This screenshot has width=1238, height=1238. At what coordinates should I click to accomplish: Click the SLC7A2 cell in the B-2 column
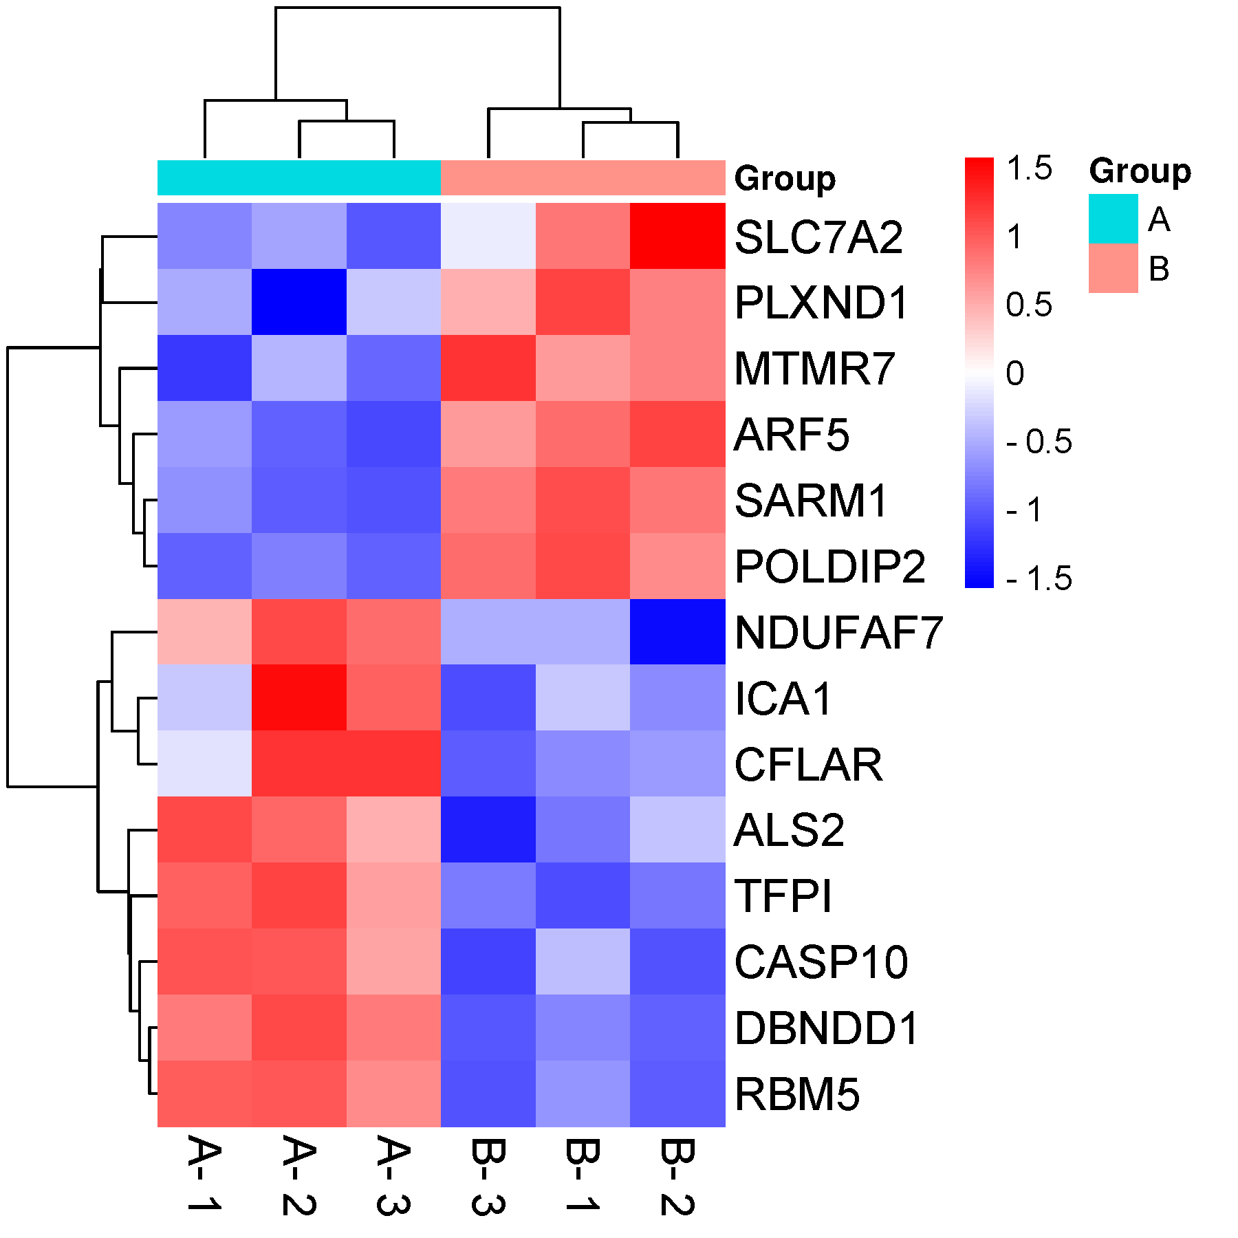677,236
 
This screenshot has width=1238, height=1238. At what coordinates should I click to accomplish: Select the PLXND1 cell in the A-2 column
299,302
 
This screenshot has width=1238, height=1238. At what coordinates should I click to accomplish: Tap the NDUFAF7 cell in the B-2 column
677,631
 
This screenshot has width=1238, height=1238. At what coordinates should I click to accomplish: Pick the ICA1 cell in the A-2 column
299,697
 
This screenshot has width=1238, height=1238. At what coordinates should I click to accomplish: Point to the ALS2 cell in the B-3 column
488,829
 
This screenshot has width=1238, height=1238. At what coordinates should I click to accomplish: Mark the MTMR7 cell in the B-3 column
488,368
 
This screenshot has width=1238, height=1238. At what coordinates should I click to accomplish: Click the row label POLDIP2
830,567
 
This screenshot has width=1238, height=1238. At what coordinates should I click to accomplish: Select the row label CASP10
821,962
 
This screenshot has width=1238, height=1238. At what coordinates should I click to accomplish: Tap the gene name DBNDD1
826,1028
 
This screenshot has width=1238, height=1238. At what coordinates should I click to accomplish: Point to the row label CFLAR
808,764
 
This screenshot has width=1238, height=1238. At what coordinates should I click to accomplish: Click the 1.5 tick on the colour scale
1029,169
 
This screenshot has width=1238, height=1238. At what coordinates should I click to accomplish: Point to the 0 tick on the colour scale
1015,373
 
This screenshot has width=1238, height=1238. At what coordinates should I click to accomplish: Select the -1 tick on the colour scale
1024,510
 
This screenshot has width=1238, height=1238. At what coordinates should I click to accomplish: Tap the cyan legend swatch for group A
1113,219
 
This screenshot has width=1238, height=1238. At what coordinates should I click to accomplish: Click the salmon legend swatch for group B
1113,268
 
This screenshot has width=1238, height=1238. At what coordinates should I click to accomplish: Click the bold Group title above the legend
1140,171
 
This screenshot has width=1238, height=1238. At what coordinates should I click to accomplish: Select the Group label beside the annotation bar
785,179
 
